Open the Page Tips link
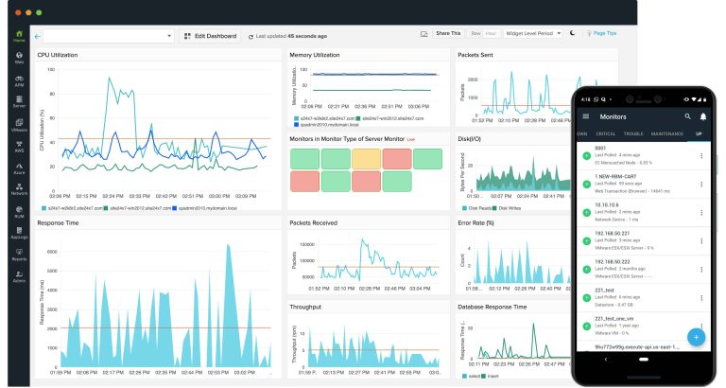coord(601,33)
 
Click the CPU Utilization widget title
coord(58,55)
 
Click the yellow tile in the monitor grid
coord(366,156)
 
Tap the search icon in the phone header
coord(687,115)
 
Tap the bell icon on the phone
coord(703,115)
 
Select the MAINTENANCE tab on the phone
coord(667,133)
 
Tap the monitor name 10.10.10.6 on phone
coord(606,203)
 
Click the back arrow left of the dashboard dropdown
coord(37,36)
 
